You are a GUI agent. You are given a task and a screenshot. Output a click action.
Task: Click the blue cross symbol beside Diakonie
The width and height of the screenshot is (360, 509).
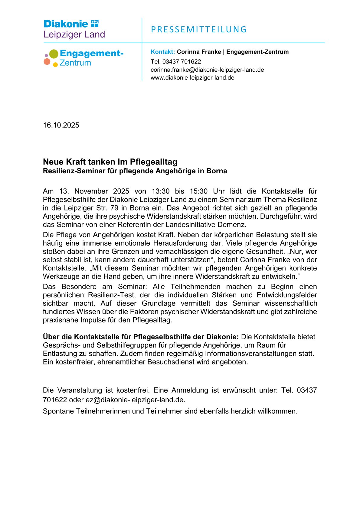95,24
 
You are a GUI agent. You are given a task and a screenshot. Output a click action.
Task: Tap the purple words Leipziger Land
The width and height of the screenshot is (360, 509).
74,34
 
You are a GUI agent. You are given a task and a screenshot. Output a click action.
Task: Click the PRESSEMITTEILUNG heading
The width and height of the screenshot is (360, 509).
199,30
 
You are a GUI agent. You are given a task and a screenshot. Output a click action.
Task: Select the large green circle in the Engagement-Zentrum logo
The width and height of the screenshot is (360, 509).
54,54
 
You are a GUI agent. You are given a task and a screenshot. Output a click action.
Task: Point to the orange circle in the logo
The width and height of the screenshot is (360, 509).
47,62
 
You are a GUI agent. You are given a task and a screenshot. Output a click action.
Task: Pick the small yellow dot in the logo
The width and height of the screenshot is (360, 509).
55,64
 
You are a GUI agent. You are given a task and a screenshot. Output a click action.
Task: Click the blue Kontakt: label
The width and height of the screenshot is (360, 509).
163,52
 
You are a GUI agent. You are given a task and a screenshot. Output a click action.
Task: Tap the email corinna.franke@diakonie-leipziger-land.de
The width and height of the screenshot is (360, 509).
207,70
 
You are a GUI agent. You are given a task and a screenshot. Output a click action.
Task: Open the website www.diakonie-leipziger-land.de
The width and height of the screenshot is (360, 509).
192,78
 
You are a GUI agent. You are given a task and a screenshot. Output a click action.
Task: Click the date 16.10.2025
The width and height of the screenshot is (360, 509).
61,125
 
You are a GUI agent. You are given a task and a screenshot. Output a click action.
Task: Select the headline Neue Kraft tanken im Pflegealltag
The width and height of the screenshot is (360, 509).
110,162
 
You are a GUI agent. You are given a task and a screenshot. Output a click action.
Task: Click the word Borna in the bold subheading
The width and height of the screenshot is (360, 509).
217,171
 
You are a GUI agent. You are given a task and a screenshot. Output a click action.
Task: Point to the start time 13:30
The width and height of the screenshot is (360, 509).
160,191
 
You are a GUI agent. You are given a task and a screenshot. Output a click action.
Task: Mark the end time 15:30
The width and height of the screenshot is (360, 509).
198,191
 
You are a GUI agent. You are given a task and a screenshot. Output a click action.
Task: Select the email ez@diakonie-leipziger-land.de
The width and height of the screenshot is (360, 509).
135,400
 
